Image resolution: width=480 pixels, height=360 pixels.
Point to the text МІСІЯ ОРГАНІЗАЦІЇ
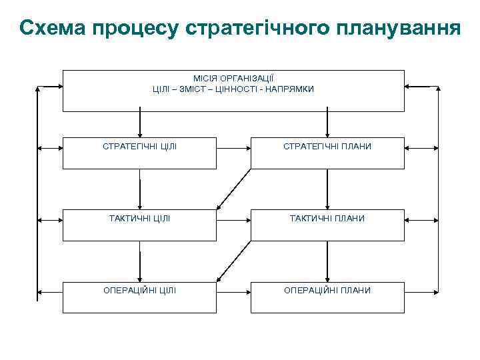point(233,79)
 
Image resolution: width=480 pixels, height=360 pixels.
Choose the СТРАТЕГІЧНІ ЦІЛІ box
point(139,153)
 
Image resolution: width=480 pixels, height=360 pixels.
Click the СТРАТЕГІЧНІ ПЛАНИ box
point(327,153)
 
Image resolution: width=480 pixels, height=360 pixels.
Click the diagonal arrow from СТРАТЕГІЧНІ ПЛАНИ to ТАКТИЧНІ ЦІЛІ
point(233,189)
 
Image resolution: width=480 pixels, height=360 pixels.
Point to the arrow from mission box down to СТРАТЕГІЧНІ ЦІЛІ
point(140,124)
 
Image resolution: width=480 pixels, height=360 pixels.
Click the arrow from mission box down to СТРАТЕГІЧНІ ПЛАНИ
point(327,124)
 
